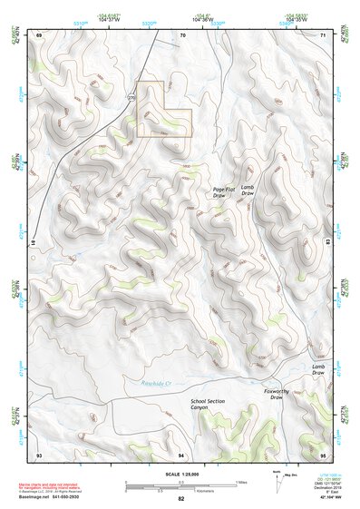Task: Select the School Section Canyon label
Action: pos(207,404)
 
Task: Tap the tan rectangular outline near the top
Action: pos(164,110)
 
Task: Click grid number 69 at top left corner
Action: pos(39,34)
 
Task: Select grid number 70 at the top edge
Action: pos(182,34)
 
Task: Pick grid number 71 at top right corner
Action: pos(324,34)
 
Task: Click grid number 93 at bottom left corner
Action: pos(39,454)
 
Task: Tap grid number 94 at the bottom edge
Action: pos(180,454)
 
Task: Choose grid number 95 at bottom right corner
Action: pos(324,454)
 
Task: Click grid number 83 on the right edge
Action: pos(327,242)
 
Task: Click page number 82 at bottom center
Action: pos(181,499)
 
